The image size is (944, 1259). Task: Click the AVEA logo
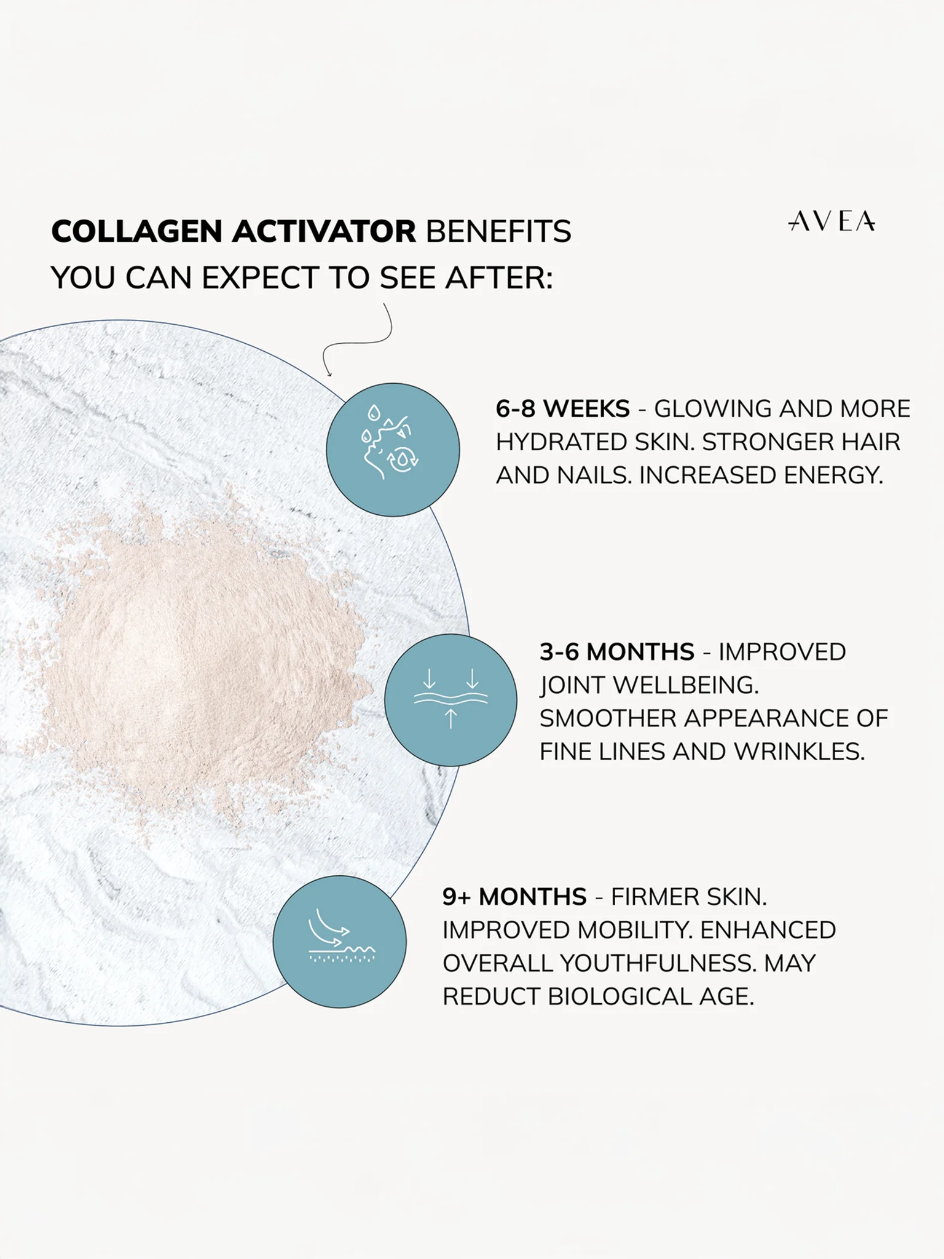(x=832, y=221)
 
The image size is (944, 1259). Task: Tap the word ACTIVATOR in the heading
(x=324, y=232)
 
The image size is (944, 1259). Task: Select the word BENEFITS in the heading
(x=498, y=232)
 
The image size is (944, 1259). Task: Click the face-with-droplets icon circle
(x=393, y=450)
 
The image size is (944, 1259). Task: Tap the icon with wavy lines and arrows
(x=450, y=700)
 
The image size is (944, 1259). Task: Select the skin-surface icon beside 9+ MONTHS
(x=339, y=942)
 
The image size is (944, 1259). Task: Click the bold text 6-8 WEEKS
(x=562, y=409)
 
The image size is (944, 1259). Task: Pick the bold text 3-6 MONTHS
(x=617, y=652)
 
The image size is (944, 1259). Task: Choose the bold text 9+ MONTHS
(x=514, y=897)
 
